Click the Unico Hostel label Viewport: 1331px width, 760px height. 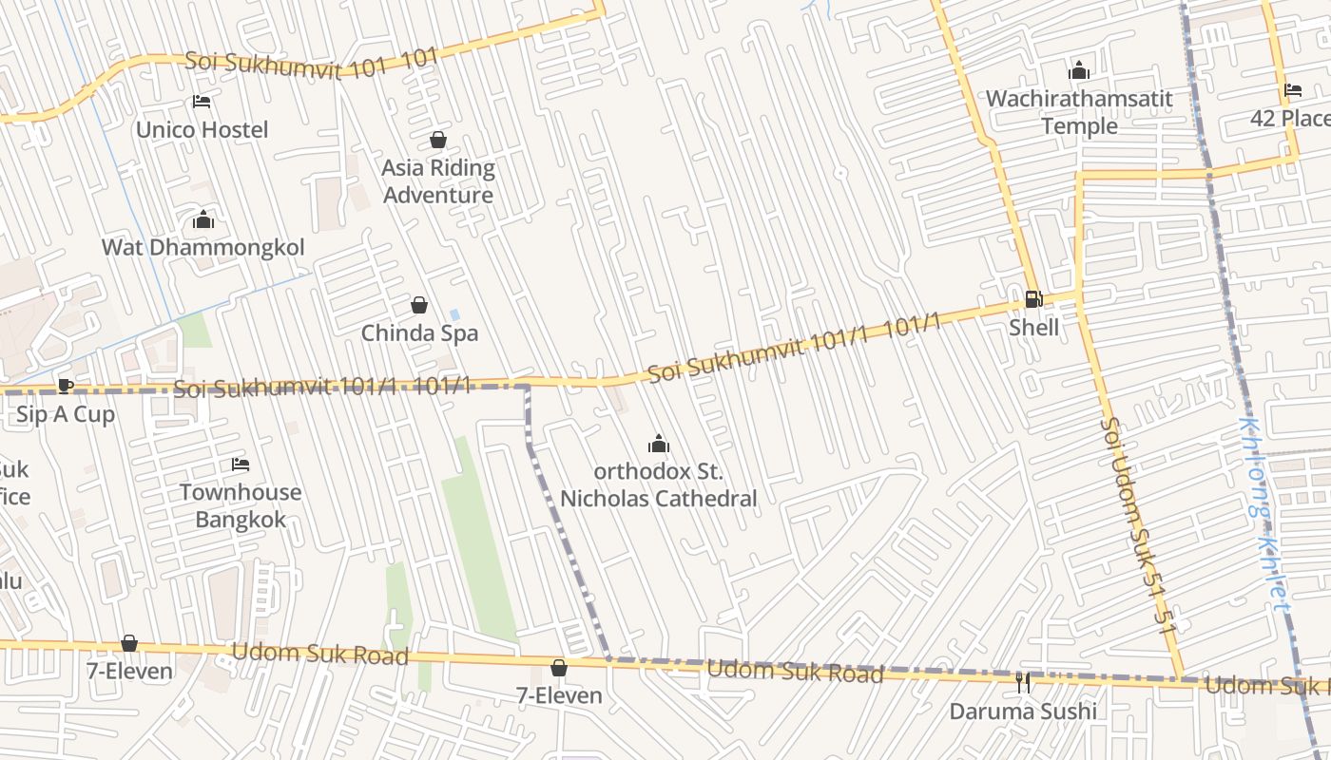pos(202,129)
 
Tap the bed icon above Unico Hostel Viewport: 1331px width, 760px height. pos(202,102)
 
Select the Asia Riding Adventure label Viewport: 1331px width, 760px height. pos(438,181)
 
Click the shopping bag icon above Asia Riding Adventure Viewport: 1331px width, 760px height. pos(438,141)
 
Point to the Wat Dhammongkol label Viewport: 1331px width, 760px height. pos(203,248)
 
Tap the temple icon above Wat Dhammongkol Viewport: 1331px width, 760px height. pos(203,221)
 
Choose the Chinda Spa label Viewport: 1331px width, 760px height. pos(419,333)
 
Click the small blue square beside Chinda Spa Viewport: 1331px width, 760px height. pos(454,314)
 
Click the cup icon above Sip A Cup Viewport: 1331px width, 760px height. pos(65,386)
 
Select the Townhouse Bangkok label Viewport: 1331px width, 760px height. pos(241,505)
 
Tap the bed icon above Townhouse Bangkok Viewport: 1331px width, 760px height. pos(241,465)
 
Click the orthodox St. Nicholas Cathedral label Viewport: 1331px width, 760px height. pos(658,484)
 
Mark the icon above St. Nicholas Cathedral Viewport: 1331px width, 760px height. pos(658,444)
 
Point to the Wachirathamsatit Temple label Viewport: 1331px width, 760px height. pos(1079,112)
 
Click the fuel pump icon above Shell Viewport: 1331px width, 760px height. pos(1033,299)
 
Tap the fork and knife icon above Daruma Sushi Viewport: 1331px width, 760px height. pos(1023,683)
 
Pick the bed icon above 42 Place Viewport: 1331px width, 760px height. pos(1293,91)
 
